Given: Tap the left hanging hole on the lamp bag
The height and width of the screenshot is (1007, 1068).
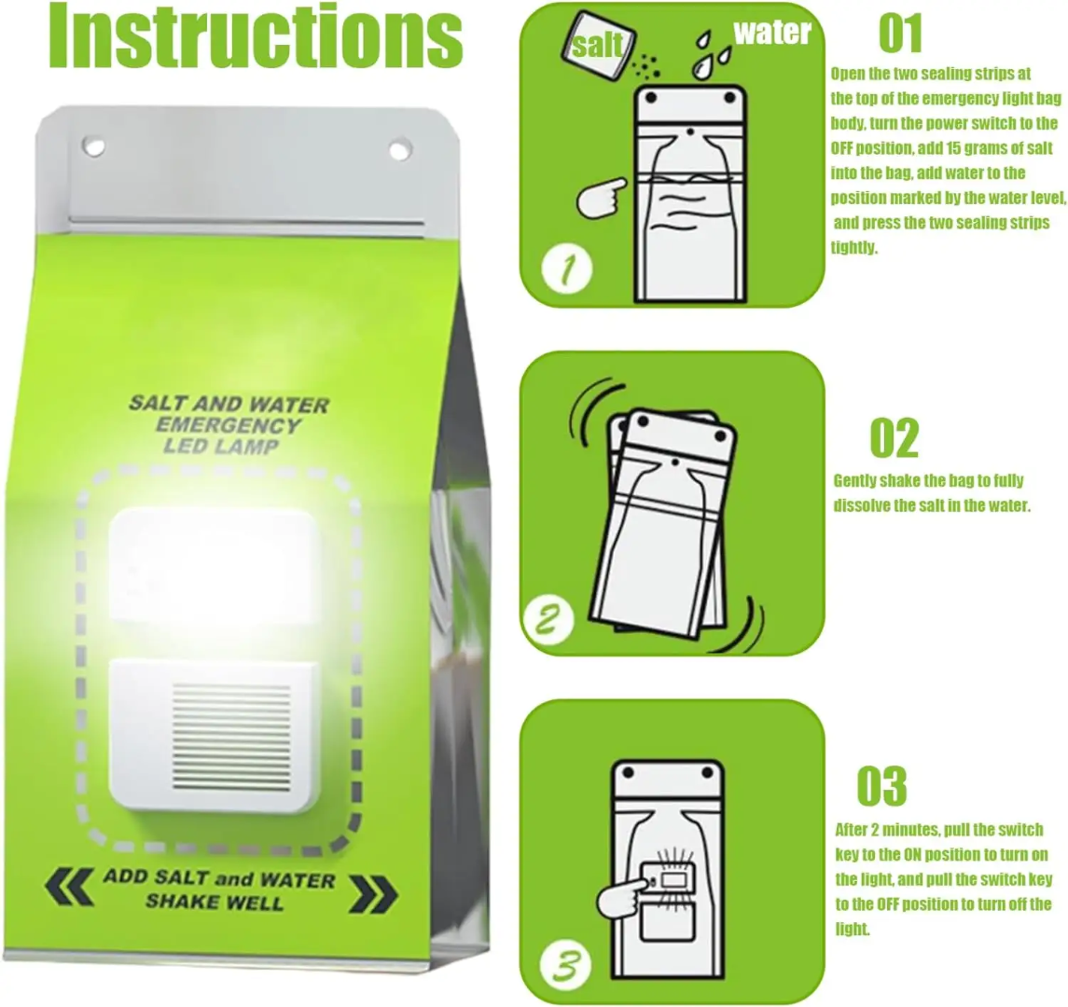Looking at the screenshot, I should (93, 145).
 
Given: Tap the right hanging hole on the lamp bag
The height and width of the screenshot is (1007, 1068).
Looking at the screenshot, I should (399, 148).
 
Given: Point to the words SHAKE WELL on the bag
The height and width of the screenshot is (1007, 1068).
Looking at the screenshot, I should (214, 902).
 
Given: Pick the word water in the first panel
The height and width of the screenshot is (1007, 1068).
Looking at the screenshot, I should (771, 33).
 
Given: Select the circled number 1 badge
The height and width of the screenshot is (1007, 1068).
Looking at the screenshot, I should (566, 269).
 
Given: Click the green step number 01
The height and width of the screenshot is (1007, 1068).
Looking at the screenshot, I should (899, 34).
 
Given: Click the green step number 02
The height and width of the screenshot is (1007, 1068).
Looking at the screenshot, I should (894, 438).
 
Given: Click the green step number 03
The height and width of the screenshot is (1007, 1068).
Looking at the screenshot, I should (881, 786).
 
